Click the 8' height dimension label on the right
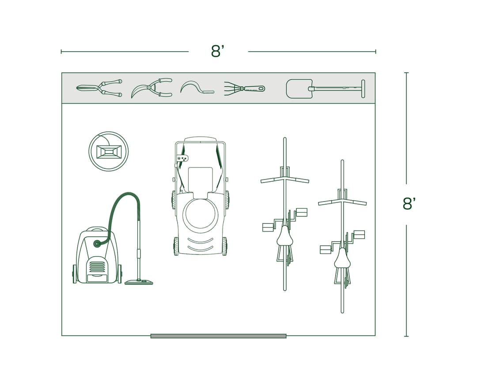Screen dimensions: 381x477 pos(409,204)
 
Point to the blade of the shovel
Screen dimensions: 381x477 pos(299,89)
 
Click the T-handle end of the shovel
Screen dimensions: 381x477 pos(363,89)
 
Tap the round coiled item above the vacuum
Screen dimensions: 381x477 pos(108,151)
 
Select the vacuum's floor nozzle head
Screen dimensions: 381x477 pos(139,282)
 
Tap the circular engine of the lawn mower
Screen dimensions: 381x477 pos(201,214)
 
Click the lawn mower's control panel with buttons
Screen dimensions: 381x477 pos(182,158)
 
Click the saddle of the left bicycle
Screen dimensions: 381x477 pos(285,236)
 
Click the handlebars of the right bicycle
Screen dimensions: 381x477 pos(342,202)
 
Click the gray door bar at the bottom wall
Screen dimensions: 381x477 pos(218,336)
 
